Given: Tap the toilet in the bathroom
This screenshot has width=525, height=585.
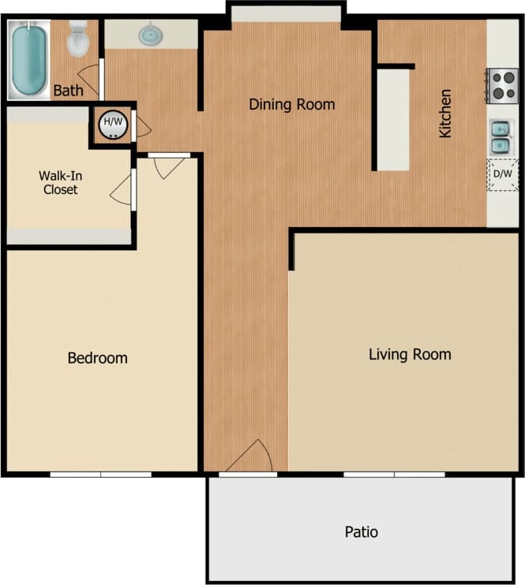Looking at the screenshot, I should [78, 40].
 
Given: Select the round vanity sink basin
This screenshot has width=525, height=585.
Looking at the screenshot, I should [149, 35].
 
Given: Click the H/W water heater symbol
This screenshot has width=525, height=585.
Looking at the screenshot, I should [113, 124].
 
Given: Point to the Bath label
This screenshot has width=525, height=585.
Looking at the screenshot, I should [68, 91].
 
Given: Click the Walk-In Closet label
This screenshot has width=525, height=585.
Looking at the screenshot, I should [61, 183].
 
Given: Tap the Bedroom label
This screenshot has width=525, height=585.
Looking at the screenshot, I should [97, 358].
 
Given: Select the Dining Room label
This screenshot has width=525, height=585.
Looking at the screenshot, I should [292, 104].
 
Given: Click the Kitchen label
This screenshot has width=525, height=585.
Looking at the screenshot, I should [446, 114].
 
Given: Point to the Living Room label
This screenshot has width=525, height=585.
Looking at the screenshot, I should [410, 354].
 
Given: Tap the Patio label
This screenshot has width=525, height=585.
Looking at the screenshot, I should [362, 532].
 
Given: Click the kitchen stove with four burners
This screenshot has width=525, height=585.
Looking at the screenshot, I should [502, 85].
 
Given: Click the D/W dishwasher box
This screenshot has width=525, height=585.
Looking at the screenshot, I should [502, 175].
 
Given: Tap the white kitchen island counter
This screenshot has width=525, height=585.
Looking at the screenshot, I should [392, 119].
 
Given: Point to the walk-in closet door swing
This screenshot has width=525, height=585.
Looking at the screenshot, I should [122, 189].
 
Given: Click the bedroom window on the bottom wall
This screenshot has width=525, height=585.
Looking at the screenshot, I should [101, 474].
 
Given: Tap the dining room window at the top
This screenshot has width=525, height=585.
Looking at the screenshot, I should [286, 13].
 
